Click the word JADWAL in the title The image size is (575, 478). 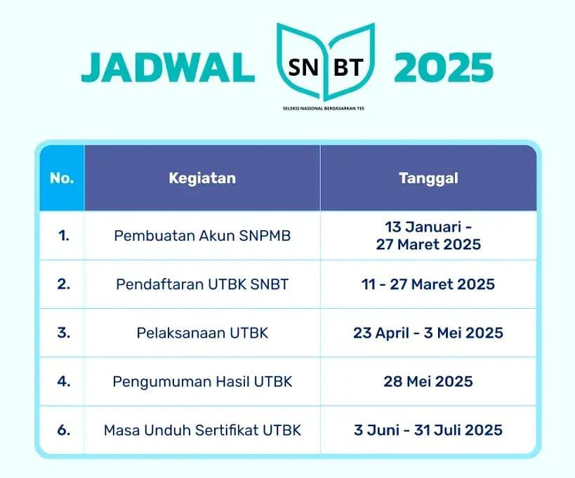pyautogui.click(x=168, y=68)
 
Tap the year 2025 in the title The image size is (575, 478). pyautogui.click(x=443, y=68)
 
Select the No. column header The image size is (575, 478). pyautogui.click(x=62, y=178)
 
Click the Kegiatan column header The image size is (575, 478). pyautogui.click(x=202, y=178)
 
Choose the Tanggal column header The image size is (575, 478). pyautogui.click(x=428, y=178)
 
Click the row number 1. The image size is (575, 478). pyautogui.click(x=63, y=236)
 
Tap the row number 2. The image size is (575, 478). pyautogui.click(x=63, y=284)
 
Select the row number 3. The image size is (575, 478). pyautogui.click(x=63, y=333)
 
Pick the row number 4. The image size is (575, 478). pyautogui.click(x=63, y=381)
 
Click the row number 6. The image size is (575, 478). pyautogui.click(x=63, y=430)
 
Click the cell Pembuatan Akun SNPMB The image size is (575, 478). pyautogui.click(x=202, y=236)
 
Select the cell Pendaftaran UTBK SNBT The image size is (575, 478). pyautogui.click(x=202, y=284)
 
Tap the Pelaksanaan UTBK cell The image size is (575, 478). pyautogui.click(x=202, y=333)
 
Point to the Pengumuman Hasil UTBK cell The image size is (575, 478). pyautogui.click(x=202, y=381)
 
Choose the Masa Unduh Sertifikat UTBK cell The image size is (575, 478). pyautogui.click(x=202, y=430)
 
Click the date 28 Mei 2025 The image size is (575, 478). pyautogui.click(x=428, y=381)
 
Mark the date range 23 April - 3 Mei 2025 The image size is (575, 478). pyautogui.click(x=428, y=333)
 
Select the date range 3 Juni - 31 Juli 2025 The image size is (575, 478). pyautogui.click(x=428, y=430)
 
